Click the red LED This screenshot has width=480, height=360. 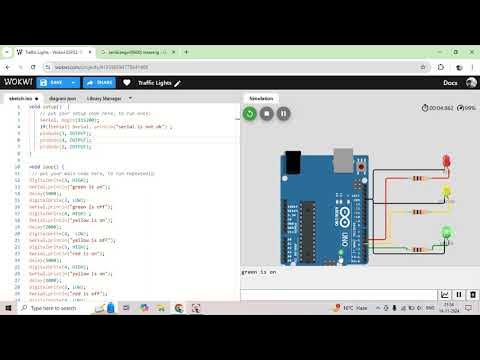[x=446, y=162]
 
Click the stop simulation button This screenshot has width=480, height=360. [x=267, y=114]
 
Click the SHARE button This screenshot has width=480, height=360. [x=98, y=82]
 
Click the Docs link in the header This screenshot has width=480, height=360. [x=449, y=82]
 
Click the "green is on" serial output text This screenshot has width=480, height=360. [x=259, y=272]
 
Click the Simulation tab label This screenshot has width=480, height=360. [x=262, y=100]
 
